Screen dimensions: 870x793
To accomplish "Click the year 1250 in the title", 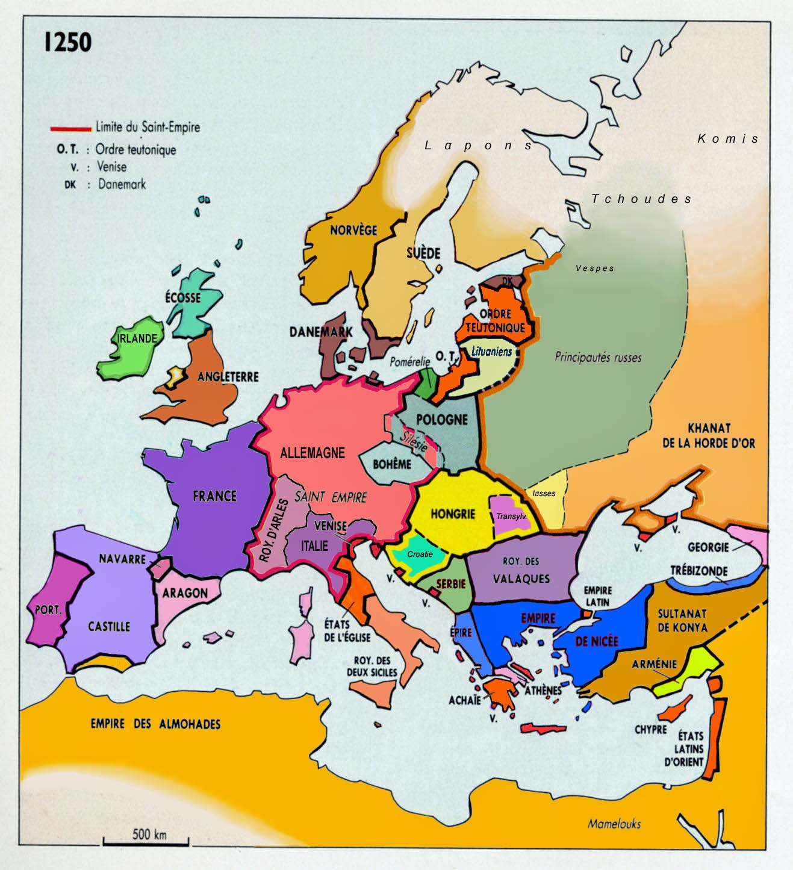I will (67, 42).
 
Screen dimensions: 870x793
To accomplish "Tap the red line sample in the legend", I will (71, 128).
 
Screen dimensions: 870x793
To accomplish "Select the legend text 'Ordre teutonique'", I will (135, 149).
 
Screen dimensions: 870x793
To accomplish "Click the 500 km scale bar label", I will (149, 834).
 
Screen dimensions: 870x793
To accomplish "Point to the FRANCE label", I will (214, 496).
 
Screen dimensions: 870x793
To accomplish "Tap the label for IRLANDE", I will (137, 339).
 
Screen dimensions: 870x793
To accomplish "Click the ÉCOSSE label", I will (183, 297).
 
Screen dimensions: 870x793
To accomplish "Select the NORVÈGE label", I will (353, 230).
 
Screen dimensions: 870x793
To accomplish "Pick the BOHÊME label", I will (392, 464).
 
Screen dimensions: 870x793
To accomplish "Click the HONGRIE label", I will (453, 514).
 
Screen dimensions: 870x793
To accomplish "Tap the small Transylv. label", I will (511, 517).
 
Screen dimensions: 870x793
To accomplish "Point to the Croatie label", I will (420, 554).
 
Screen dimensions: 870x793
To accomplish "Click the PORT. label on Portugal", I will (48, 610).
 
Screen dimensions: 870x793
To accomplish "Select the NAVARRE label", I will (122, 559).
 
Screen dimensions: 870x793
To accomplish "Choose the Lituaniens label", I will (492, 352).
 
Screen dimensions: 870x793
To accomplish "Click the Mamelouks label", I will (614, 824).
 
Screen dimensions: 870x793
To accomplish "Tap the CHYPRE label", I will (651, 729).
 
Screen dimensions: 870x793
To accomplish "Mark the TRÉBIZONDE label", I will (699, 571).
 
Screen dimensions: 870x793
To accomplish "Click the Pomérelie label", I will (409, 362).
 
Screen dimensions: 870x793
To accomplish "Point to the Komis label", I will (728, 138).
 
